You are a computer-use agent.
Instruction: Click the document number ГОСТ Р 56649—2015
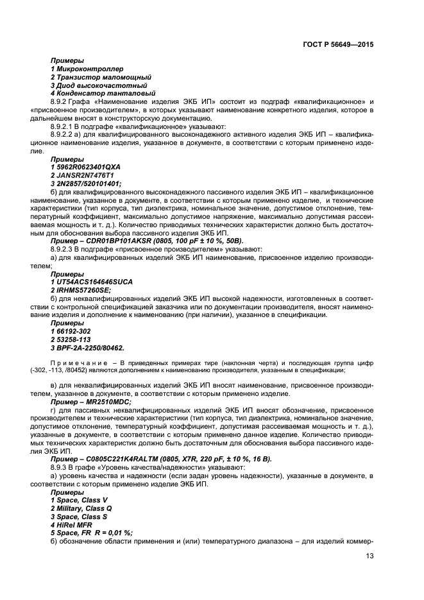pos(338,46)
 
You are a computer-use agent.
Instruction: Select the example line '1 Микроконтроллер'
pos(87,68)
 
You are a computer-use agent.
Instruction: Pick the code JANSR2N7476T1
pos(84,175)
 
